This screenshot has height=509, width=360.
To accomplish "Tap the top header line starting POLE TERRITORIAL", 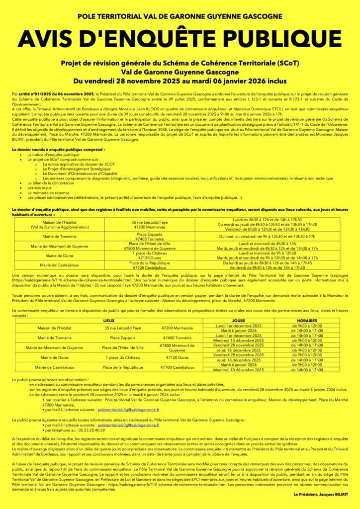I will coord(180,16).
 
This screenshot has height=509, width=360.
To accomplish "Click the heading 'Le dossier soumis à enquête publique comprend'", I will coord(59,149).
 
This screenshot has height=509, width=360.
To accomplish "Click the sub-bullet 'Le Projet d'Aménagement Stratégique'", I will coord(74,169).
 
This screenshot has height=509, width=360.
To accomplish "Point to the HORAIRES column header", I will coord(307,321).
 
